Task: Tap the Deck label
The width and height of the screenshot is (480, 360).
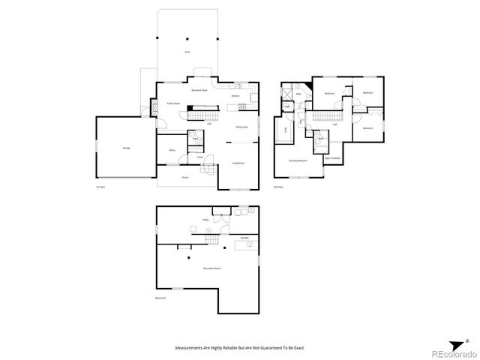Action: coord(187,51)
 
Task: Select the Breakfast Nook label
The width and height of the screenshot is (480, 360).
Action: coord(199,90)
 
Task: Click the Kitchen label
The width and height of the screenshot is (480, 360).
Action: coord(235,96)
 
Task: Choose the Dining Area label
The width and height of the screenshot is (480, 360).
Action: coord(242,127)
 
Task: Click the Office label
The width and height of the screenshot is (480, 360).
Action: coord(172,151)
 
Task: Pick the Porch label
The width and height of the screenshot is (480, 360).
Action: coord(185,177)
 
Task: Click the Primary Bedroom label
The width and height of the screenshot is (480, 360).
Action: coord(298,161)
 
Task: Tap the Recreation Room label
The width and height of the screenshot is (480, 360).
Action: coord(211,268)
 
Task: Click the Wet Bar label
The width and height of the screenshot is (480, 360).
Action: coord(244,237)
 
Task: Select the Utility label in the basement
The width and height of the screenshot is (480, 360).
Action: coord(205,220)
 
